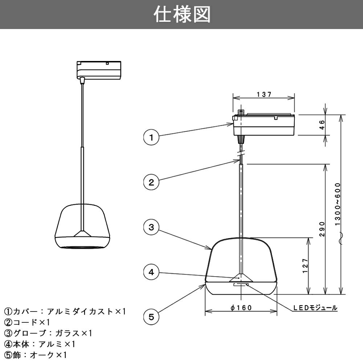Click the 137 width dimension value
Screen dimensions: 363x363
[x=264, y=94]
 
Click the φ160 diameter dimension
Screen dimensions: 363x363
[x=241, y=308]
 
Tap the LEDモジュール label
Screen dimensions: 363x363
[x=315, y=308]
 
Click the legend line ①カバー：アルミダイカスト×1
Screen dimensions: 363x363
[x=65, y=311]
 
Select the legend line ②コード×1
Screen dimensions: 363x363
[x=27, y=322]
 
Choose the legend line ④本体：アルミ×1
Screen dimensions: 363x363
[x=40, y=344]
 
